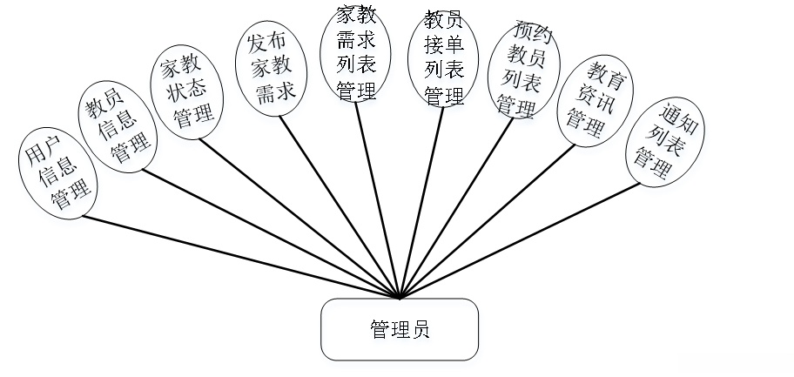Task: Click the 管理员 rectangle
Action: tap(400, 330)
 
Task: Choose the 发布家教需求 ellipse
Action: tap(272, 67)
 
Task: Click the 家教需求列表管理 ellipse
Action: tap(357, 53)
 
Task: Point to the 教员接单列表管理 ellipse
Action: tap(443, 57)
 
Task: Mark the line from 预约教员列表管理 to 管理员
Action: tap(457, 207)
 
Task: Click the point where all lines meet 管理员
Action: tap(400, 299)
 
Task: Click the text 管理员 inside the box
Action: tap(400, 330)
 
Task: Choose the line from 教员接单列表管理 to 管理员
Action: tap(421, 204)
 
